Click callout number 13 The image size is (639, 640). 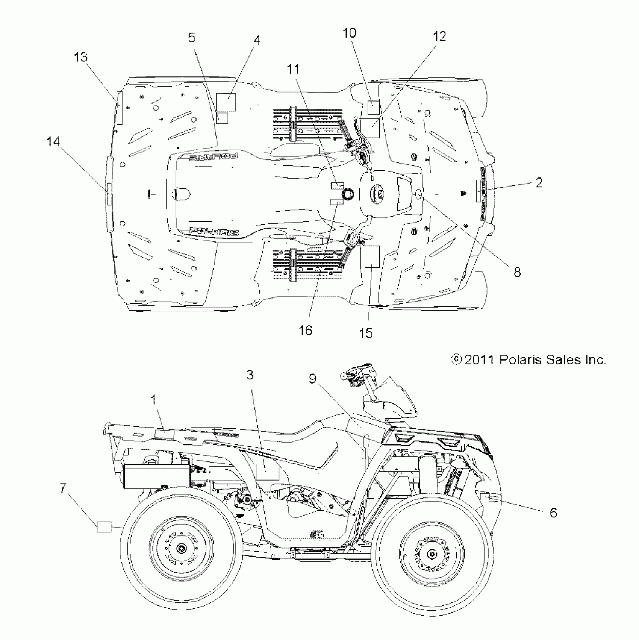(81, 58)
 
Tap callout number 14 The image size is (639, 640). (53, 142)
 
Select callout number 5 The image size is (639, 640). (192, 38)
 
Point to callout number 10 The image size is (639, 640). (350, 33)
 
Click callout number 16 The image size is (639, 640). (306, 331)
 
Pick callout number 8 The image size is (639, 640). (517, 272)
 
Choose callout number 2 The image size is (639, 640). (539, 183)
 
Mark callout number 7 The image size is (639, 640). (63, 488)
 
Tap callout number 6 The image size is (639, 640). (553, 513)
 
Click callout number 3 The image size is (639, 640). (250, 375)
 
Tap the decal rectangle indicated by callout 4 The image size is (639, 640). (227, 101)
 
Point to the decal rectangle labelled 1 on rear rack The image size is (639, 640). (165, 435)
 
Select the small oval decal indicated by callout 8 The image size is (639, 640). (419, 194)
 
